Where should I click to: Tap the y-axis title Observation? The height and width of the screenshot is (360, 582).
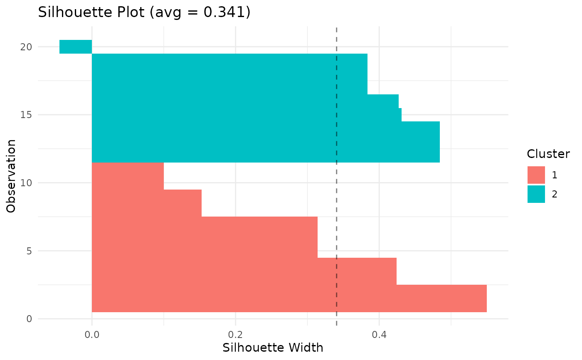coord(12,176)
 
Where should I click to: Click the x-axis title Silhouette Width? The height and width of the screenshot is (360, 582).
coord(273,348)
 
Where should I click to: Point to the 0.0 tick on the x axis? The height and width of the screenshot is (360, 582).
coord(92,334)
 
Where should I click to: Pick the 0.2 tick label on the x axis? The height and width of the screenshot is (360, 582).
coord(235,334)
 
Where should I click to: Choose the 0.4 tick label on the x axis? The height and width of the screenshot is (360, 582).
coord(379,334)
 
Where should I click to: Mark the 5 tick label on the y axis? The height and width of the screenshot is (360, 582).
coord(29,251)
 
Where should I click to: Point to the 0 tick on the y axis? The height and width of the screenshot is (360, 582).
coord(29,319)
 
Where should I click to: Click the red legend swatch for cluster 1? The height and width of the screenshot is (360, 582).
coord(536,175)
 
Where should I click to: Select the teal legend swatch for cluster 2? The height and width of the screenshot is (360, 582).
coord(536,194)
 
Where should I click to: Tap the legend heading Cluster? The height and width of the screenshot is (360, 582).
coord(548,154)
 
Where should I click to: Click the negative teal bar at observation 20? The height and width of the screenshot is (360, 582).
coord(76,47)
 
